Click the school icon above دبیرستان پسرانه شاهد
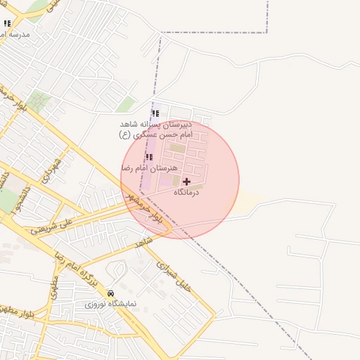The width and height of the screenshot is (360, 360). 155,114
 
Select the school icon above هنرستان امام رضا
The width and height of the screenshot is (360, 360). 149,157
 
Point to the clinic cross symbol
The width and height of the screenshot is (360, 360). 186,181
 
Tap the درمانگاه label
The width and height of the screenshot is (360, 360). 186,192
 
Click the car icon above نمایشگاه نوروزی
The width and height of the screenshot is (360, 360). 110,293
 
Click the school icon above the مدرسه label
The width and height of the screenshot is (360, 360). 7,23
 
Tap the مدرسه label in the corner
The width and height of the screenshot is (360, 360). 15,34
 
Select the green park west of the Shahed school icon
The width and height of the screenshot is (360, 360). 126,105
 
